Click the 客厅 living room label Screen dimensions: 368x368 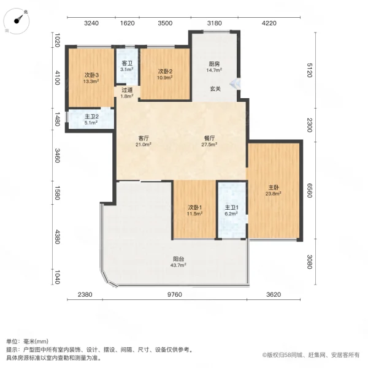point(144,142)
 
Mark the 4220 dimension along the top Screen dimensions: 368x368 point(270,23)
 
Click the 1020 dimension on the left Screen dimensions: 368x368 point(57,40)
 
